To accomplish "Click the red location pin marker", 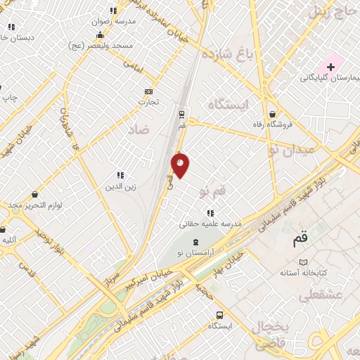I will point(180,165).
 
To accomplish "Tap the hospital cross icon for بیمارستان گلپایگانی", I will point(330,66).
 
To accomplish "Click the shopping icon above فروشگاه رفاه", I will point(271,114).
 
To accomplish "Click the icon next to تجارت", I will point(148,91).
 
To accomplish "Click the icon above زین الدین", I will point(120,175).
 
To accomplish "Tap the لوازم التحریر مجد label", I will point(36,205).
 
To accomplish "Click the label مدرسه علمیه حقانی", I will point(210,224).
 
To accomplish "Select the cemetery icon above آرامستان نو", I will point(195,242).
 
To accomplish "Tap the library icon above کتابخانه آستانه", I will point(303,262).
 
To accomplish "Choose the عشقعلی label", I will point(322,295).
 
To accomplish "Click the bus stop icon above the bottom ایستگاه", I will point(219,315).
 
